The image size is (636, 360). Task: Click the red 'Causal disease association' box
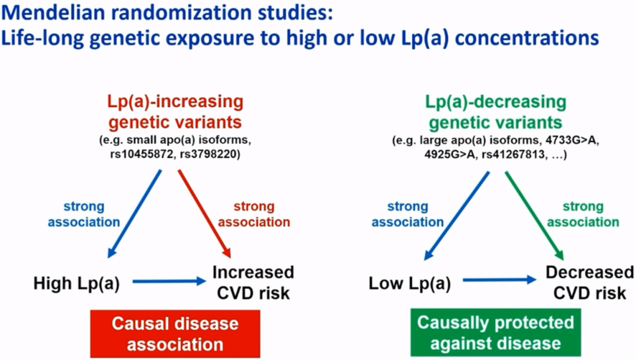tap(175, 333)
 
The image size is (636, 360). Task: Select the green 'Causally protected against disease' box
tap(495, 332)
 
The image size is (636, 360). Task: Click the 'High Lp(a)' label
tap(76, 283)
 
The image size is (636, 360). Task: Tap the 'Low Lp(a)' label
tap(410, 283)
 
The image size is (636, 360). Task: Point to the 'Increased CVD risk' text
tap(253, 282)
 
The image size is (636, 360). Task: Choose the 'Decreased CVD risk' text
tap(589, 282)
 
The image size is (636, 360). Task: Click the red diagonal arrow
tap(204, 213)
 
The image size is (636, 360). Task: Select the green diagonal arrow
tap(535, 216)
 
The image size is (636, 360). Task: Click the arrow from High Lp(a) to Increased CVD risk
tap(170, 281)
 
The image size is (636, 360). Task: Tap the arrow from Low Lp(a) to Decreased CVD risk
tap(500, 280)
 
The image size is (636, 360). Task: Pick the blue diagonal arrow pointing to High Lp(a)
tap(134, 213)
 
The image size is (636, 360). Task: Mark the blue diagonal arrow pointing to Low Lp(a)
tap(457, 216)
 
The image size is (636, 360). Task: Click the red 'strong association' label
tap(254, 214)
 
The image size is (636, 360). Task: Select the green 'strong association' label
tap(583, 214)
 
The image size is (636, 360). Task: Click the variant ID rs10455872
tap(141, 154)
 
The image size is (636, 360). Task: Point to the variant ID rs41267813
tap(513, 154)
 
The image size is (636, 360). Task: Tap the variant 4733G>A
tap(572, 140)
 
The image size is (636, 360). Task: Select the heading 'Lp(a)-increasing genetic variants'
tap(175, 111)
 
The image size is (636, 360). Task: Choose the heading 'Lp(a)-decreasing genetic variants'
tap(496, 111)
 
